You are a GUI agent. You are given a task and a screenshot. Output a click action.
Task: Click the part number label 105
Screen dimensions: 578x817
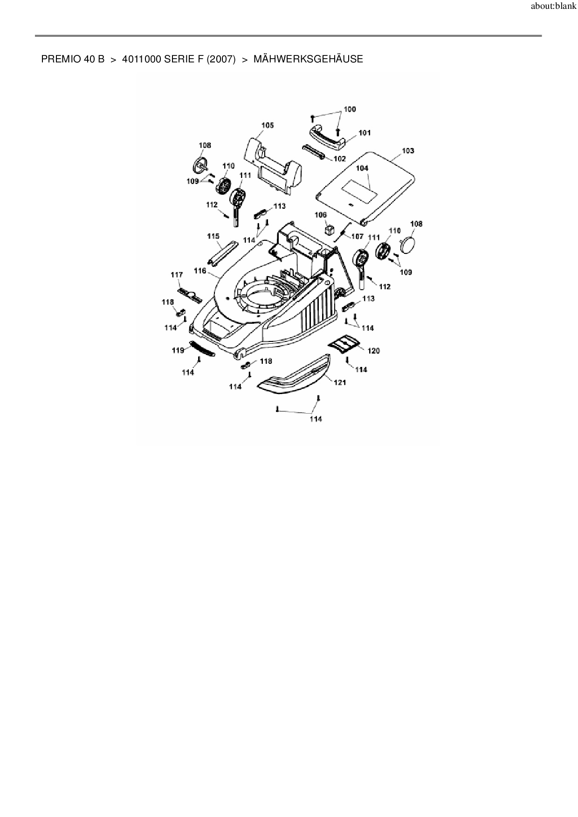click(x=268, y=125)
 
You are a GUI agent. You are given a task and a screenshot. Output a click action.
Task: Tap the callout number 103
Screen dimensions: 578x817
click(x=408, y=151)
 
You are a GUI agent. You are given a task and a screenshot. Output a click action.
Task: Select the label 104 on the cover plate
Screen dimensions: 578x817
click(x=362, y=168)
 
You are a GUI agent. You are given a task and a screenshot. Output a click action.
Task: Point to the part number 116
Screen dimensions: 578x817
click(x=200, y=271)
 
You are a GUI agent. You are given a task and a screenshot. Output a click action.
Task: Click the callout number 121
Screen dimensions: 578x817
click(x=340, y=383)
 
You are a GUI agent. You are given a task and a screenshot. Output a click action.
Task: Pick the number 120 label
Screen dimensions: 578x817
click(x=374, y=351)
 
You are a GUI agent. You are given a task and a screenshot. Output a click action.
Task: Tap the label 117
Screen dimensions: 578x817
click(x=177, y=275)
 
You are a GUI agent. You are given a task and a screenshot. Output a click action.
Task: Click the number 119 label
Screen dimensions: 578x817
click(x=178, y=350)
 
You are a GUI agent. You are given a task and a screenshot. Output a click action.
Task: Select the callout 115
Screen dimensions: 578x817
click(x=213, y=237)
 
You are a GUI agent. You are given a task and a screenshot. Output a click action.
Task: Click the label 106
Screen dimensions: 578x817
click(x=321, y=215)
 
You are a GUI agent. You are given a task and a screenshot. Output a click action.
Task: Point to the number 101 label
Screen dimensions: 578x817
click(x=365, y=133)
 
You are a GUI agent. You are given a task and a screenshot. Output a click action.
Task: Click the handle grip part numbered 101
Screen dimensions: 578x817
click(x=328, y=137)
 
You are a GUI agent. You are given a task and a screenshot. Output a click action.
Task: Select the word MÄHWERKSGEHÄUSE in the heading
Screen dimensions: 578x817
click(x=308, y=59)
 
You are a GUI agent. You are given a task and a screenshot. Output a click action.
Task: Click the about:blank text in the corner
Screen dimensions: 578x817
click(x=553, y=7)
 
